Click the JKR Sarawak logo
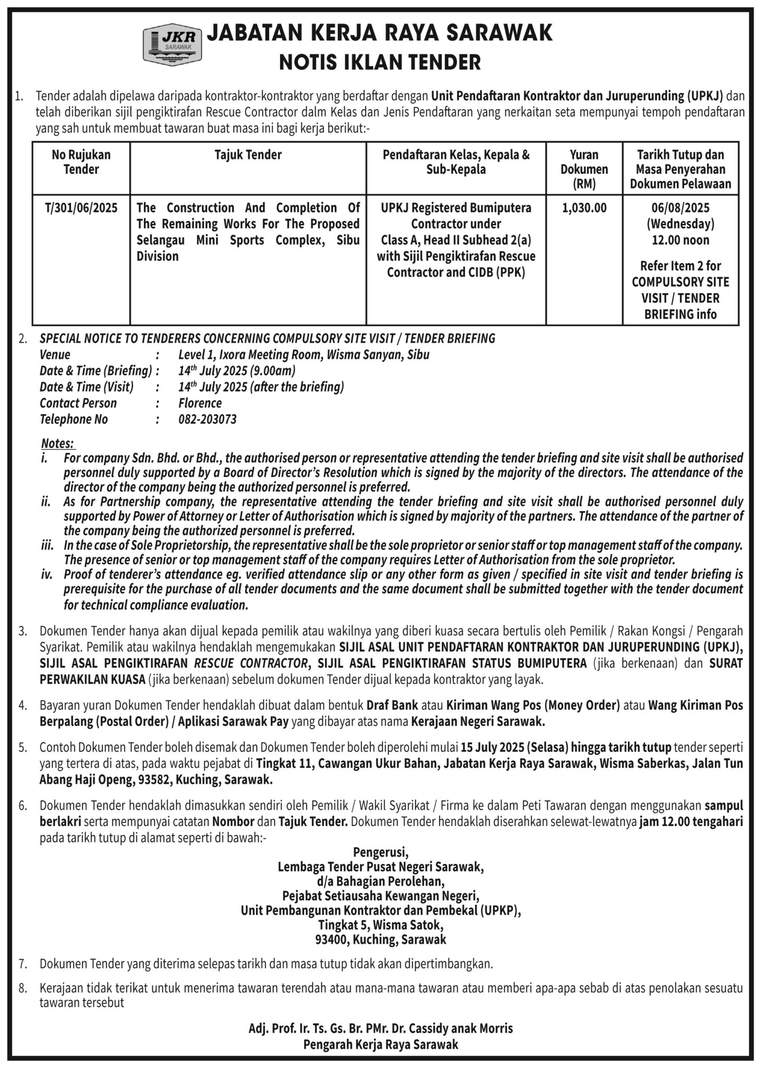point(172,45)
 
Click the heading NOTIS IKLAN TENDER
point(380,63)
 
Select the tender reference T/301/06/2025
point(81,208)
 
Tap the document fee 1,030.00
point(584,208)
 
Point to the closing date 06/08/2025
point(680,208)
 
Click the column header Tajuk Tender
point(248,155)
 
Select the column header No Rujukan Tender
point(81,162)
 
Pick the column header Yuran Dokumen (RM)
point(584,169)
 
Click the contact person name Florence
point(200,403)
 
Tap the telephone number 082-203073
point(207,419)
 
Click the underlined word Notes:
point(58,443)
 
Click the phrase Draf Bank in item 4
point(392,706)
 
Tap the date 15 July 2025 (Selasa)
point(514,747)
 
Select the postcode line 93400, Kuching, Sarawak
point(381,939)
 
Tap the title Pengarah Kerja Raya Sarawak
point(381,1044)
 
